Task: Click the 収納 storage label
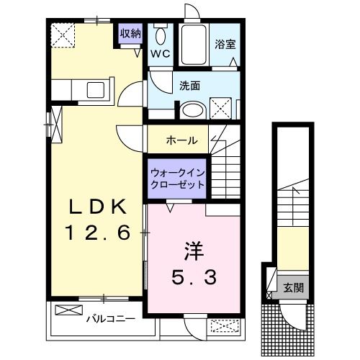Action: [x=130, y=34]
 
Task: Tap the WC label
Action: [x=159, y=54]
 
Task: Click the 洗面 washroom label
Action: [x=190, y=85]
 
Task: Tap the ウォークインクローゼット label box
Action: [x=177, y=178]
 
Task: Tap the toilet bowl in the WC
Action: [x=160, y=35]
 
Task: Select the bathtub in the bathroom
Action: [x=193, y=46]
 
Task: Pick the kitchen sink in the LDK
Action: [x=96, y=91]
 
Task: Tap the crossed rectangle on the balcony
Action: [x=69, y=312]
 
